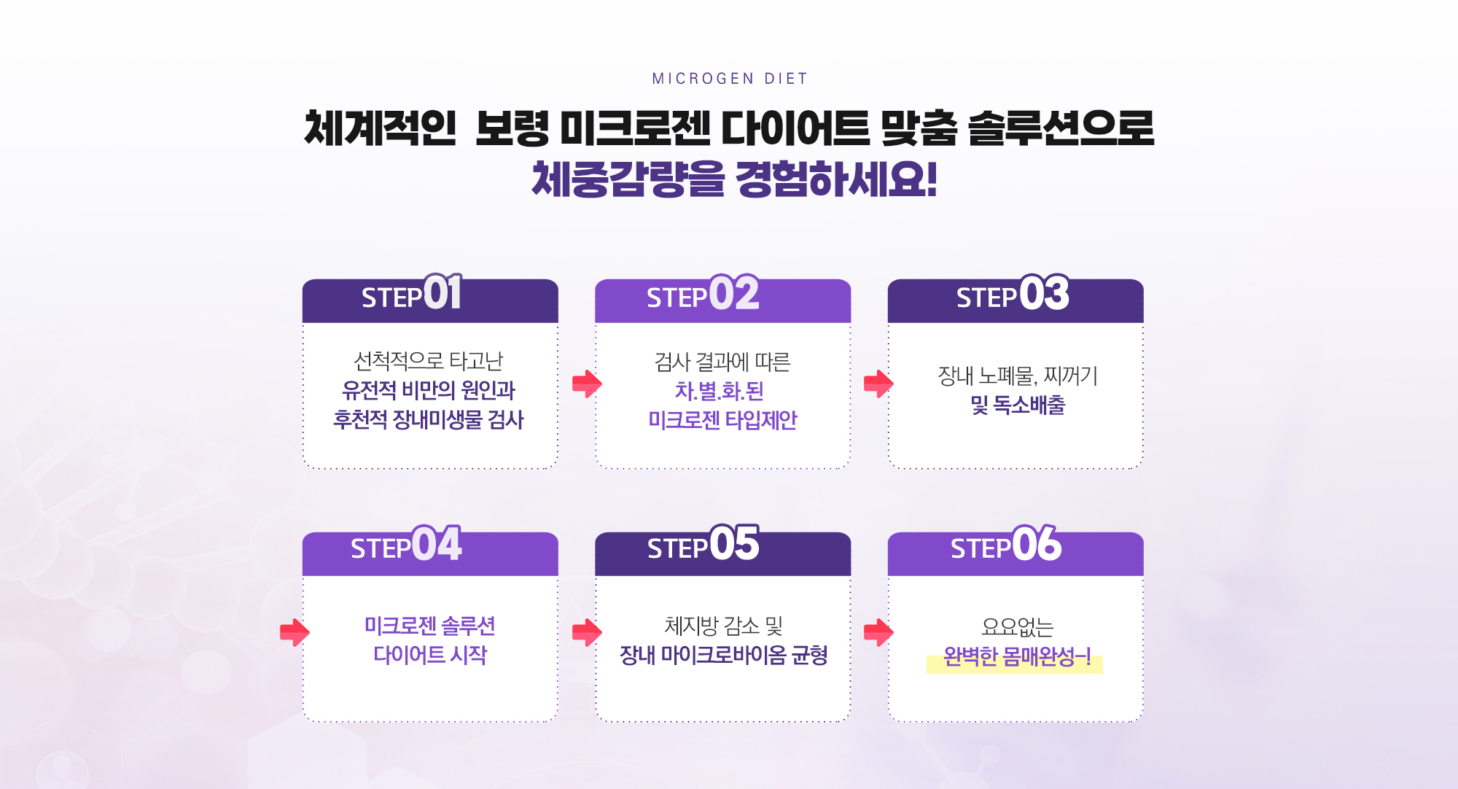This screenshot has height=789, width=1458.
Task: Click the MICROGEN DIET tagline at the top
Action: pos(730,79)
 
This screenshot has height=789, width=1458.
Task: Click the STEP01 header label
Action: pos(412,293)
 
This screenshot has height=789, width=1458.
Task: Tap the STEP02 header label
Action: pos(703,293)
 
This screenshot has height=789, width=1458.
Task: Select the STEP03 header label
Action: pos(1013,293)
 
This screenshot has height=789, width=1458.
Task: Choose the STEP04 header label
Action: pos(406,544)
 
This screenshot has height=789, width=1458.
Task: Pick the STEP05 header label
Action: pos(703,544)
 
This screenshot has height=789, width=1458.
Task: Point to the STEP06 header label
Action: pos(1006,544)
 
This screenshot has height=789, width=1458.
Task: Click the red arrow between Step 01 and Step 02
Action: pos(587,384)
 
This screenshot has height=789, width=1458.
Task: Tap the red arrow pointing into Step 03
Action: pos(878,384)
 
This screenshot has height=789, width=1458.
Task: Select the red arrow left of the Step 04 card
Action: pos(295,632)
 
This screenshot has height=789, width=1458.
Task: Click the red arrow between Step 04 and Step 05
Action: pos(587,632)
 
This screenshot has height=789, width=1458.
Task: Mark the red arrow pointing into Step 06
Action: pos(878,632)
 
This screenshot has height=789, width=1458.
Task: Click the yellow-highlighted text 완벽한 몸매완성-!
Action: pos(1016,658)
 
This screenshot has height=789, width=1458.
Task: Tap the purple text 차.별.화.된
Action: pos(719,391)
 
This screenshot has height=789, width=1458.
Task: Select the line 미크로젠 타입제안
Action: pos(722,420)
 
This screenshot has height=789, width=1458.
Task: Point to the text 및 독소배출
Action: pos(1018,405)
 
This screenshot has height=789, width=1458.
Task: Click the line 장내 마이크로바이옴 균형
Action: pos(723,655)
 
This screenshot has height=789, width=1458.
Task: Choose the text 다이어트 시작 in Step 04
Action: pos(430,655)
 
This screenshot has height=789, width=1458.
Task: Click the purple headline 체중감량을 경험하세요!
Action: pos(734,179)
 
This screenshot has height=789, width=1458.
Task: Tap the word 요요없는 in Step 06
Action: pos(1017,626)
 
